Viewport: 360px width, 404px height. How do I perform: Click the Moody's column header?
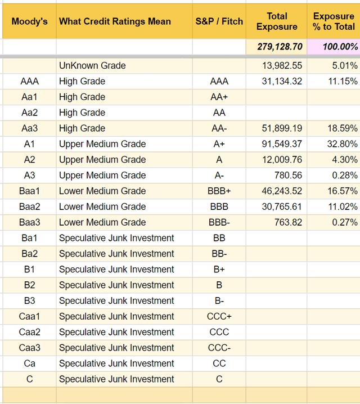(29, 22)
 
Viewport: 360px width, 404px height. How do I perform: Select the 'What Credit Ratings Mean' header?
(115, 22)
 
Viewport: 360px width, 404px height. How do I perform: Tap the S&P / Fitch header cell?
(219, 22)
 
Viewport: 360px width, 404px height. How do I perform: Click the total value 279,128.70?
(280, 47)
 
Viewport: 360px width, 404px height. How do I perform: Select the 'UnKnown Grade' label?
(92, 66)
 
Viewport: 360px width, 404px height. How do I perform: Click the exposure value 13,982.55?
(282, 66)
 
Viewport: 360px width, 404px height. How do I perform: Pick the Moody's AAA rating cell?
(29, 82)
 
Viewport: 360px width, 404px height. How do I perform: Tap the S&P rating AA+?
(219, 97)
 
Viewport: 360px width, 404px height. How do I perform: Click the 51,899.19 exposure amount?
(282, 128)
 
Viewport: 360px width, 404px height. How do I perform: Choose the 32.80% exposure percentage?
(343, 144)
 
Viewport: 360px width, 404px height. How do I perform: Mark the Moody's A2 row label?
(29, 160)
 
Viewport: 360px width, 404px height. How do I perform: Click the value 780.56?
(288, 176)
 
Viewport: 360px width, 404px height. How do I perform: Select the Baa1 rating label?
(29, 191)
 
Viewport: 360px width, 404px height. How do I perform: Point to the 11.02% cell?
(343, 207)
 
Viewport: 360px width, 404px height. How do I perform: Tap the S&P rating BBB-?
(219, 222)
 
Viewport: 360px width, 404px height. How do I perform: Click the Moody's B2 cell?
(29, 285)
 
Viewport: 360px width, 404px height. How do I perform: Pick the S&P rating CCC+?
(219, 316)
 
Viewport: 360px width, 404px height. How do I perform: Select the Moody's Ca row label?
(29, 363)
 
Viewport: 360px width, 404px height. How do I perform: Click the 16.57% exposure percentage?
(343, 191)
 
